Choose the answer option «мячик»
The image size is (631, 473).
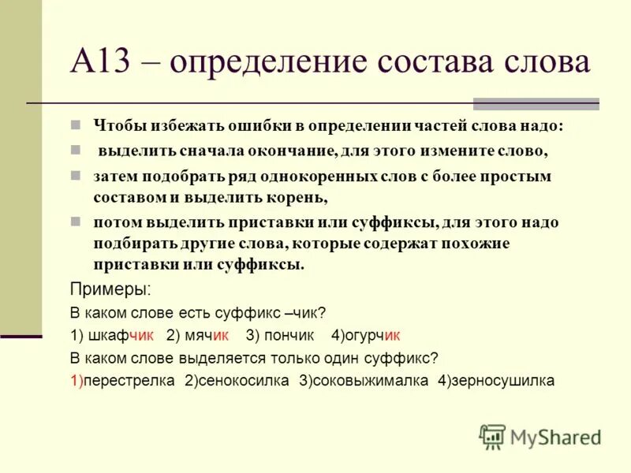point(207,334)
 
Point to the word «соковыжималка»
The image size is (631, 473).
point(370,380)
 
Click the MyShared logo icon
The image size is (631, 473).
point(492,435)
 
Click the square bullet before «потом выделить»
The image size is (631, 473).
point(76,222)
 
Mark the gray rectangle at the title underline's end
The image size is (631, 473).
point(536,103)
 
